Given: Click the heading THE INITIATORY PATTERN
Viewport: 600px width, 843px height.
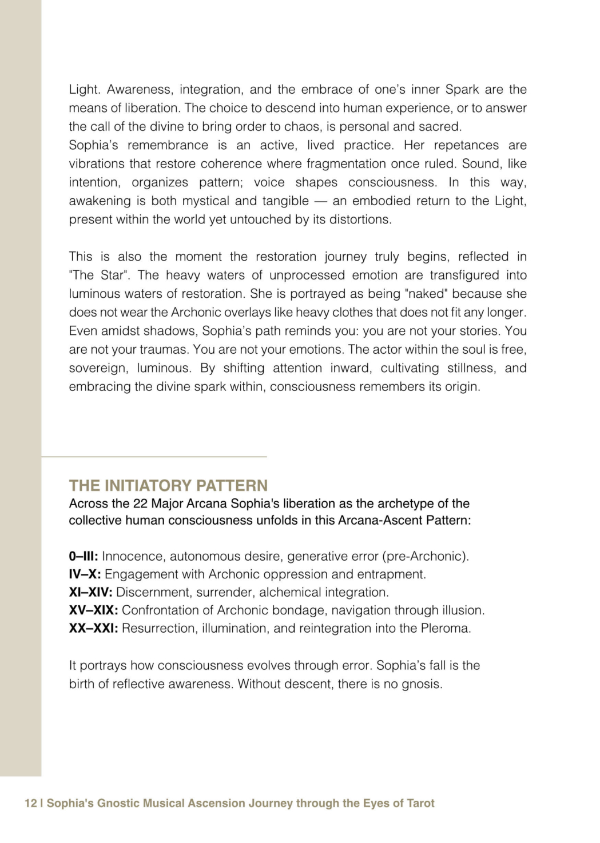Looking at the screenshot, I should (x=168, y=485).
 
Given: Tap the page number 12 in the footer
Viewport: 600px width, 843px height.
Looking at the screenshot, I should (x=30, y=803).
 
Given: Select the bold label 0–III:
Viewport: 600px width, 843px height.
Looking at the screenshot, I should (x=84, y=556).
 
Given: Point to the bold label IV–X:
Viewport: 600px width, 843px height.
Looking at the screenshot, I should (x=85, y=574).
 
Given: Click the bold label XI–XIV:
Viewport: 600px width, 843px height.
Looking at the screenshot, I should (x=90, y=592).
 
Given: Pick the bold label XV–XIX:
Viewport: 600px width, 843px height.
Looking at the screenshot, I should (x=93, y=610).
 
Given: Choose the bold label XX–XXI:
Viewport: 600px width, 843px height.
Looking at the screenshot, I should (x=93, y=628).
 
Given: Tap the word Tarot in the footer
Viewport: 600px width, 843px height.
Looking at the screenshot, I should (x=420, y=803).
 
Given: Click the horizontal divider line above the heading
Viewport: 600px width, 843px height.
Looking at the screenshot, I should (x=154, y=457).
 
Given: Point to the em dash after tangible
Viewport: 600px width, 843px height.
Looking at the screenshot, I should (x=320, y=201).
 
